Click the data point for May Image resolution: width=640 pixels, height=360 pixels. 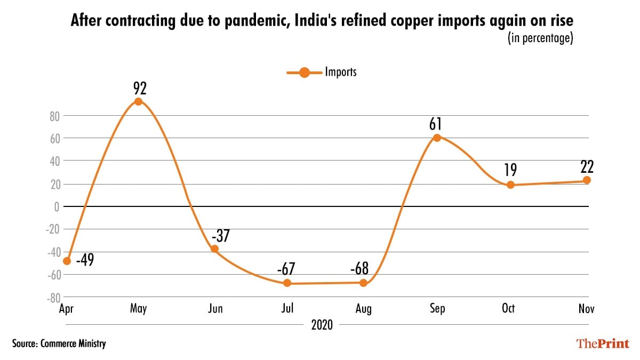138,101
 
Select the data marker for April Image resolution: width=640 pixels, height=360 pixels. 67,261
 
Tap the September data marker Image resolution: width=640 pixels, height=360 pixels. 437,138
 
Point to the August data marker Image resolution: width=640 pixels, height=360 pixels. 363,283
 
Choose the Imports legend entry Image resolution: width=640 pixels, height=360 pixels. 323,73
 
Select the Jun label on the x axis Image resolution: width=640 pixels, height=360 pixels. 214,309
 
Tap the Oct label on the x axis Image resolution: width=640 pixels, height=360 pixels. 508,309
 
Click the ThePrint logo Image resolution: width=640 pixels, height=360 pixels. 602,343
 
